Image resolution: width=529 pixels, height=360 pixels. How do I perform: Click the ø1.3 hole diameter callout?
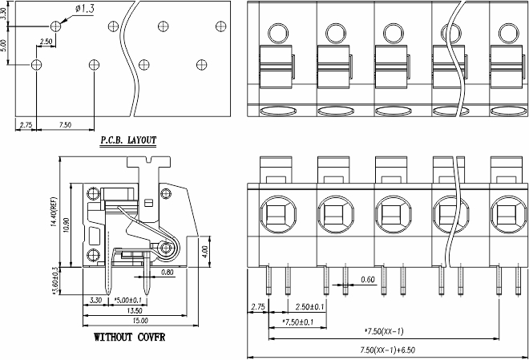pos(85,9)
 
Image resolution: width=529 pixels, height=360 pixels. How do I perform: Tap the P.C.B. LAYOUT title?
pos(128,140)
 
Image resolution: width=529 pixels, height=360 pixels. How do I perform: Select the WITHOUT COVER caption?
pos(130,337)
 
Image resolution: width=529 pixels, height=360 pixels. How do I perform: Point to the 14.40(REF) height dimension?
pos(54,212)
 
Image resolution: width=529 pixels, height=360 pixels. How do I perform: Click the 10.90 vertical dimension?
pos(66,225)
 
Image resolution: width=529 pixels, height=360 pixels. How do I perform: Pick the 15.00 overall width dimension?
pos(140,321)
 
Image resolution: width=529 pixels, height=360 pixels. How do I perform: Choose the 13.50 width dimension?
pos(135,310)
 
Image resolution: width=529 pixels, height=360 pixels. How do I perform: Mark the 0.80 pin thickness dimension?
pos(168,272)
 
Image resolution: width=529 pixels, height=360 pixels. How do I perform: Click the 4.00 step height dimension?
pos(205,252)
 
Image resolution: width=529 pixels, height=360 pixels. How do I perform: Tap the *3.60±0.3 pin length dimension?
pos(55,281)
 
